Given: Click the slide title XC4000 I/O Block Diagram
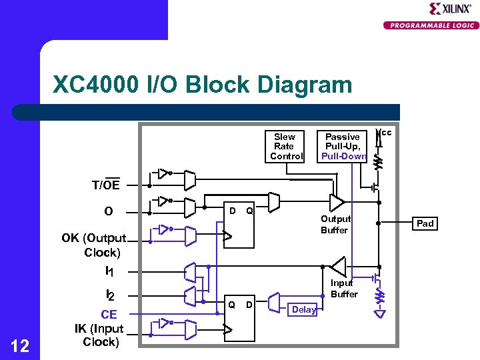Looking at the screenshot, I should point(202,85).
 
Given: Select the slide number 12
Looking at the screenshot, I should point(20,345).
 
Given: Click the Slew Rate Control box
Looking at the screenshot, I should point(286,146).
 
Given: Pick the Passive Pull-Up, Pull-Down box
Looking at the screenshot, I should point(343,146).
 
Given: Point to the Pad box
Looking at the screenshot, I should point(425,223).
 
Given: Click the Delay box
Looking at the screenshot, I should point(303,310).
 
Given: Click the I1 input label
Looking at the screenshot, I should point(109,271).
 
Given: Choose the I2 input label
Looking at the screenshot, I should point(110,294).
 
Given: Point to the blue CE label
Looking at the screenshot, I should point(109,315).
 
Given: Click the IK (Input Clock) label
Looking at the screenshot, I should point(99,335).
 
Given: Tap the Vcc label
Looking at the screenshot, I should point(385,133).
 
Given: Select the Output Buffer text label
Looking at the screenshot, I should point(335,224).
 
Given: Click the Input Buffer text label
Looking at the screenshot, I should point(344,288).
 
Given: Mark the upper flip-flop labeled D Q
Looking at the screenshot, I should point(239,227).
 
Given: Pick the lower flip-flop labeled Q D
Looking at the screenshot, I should point(239,317).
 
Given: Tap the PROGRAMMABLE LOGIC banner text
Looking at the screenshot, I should point(431,25).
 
